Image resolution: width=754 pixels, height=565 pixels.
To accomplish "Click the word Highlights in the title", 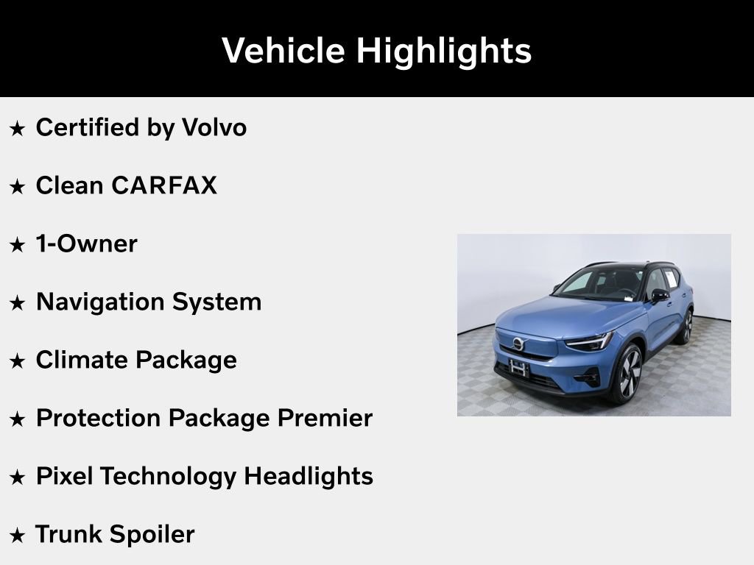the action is pyautogui.click(x=443, y=51).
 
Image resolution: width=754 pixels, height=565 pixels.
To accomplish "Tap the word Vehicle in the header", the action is pyautogui.click(x=283, y=51).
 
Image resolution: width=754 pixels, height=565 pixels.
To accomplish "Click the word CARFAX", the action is pyautogui.click(x=164, y=186).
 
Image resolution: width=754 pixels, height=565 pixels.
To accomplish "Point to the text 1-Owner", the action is pyautogui.click(x=86, y=244).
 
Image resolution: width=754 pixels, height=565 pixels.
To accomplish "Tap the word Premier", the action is pyautogui.click(x=325, y=419).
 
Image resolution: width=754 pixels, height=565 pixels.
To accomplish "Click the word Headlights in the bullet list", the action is pyautogui.click(x=308, y=477).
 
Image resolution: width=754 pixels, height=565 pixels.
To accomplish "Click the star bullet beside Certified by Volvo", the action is pyautogui.click(x=17, y=129).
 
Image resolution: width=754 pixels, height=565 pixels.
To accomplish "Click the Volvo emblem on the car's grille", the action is pyautogui.click(x=518, y=344).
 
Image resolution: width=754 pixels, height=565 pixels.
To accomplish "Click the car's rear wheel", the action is pyautogui.click(x=687, y=326).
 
